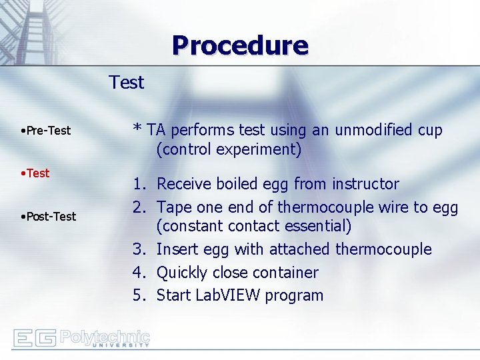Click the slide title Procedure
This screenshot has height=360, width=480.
click(239, 45)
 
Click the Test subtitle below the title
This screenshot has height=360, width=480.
click(127, 83)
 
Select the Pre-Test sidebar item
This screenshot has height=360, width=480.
click(47, 131)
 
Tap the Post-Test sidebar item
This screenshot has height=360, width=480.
click(50, 217)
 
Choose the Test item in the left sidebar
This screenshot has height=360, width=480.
click(37, 173)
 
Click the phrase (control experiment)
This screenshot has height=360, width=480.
click(229, 150)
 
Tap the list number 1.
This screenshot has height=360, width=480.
click(139, 184)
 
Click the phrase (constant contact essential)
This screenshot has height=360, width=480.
click(253, 227)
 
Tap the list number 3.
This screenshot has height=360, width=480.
click(139, 249)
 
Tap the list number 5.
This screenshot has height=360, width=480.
click(139, 295)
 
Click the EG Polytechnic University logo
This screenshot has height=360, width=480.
click(81, 338)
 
